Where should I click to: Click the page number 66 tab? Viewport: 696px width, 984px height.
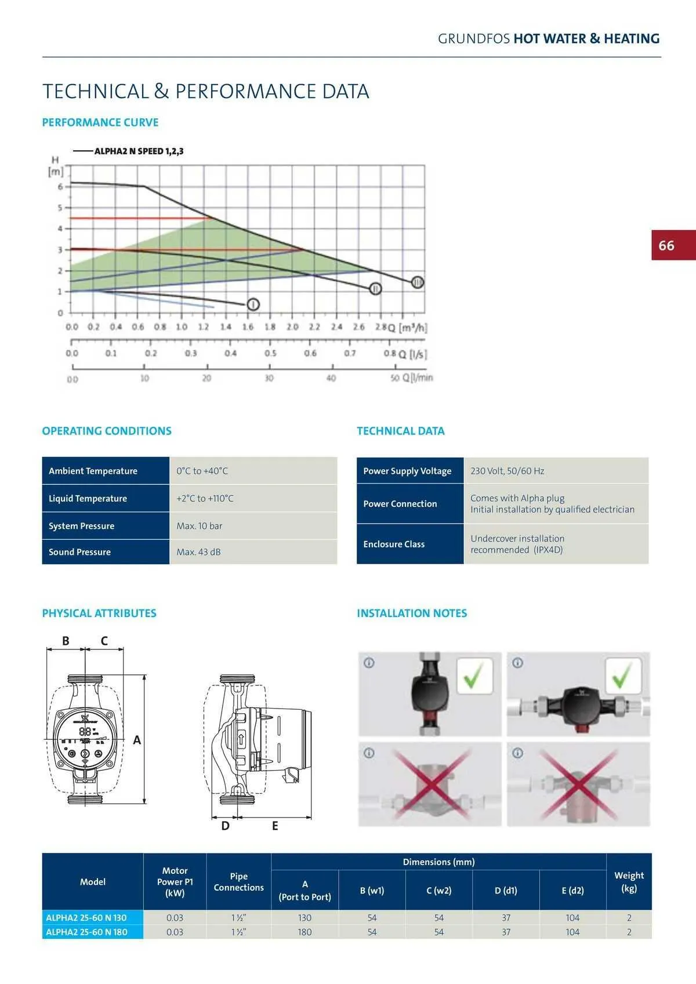pyautogui.click(x=673, y=245)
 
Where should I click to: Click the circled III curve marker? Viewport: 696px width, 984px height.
pyautogui.click(x=418, y=282)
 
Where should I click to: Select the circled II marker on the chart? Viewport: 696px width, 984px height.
pyautogui.click(x=375, y=288)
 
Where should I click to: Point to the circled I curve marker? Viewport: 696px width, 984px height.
pyautogui.click(x=253, y=304)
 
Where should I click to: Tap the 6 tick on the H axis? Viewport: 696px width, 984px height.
pyautogui.click(x=60, y=187)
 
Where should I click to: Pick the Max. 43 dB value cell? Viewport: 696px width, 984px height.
pyautogui.click(x=198, y=552)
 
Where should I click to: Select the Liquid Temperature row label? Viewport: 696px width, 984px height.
pyautogui.click(x=88, y=498)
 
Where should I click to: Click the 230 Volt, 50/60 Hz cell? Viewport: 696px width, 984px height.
pyautogui.click(x=507, y=471)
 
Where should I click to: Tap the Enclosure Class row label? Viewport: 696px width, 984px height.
pyautogui.click(x=394, y=544)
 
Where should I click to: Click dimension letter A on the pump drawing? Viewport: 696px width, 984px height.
pyautogui.click(x=137, y=740)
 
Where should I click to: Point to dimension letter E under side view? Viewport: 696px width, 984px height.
pyautogui.click(x=275, y=826)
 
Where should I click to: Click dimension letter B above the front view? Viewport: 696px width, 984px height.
pyautogui.click(x=66, y=641)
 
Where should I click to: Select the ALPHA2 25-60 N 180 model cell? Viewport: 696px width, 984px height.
pyautogui.click(x=86, y=932)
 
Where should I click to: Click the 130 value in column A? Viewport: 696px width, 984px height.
pyautogui.click(x=304, y=918)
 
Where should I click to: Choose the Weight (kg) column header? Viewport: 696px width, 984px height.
pyautogui.click(x=629, y=881)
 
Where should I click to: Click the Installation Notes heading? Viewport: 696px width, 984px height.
pyautogui.click(x=412, y=613)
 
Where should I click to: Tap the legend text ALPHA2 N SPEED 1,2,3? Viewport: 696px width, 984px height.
pyautogui.click(x=139, y=151)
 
